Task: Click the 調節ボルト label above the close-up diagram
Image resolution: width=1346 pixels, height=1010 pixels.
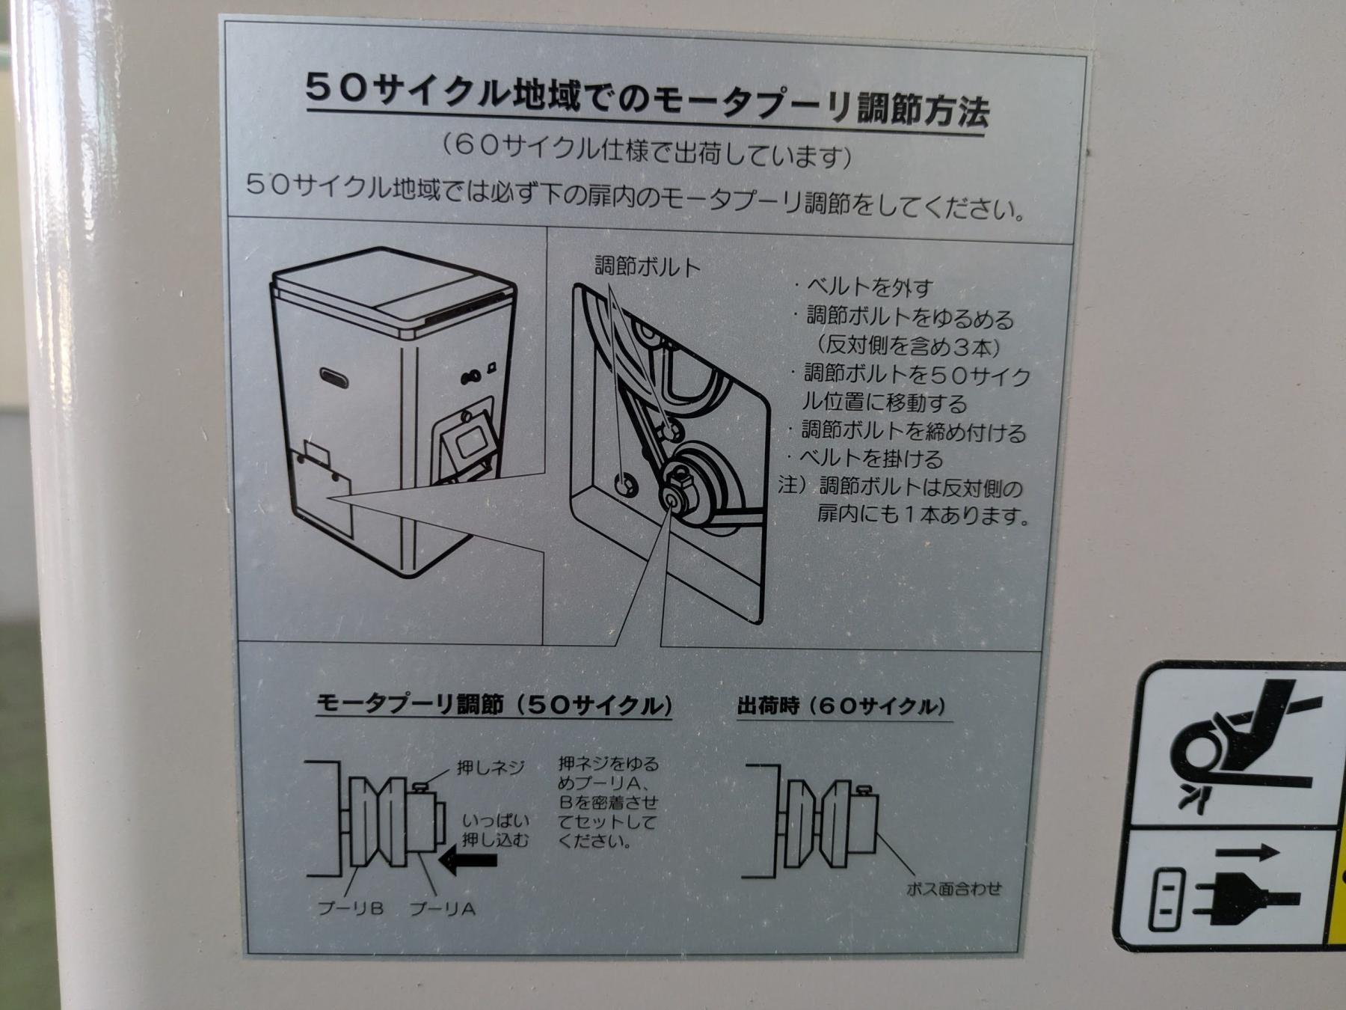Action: pos(648,267)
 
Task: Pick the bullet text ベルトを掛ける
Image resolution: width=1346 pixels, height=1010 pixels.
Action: pos(866,457)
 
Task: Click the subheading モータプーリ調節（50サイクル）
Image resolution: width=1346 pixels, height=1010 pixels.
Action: pos(494,704)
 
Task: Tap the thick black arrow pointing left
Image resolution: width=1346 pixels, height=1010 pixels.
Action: pos(468,860)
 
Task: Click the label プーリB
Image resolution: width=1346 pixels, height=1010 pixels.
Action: pos(351,908)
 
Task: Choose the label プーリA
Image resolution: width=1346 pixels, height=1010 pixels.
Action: pos(443,909)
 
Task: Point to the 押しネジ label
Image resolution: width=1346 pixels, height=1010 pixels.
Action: pos(491,768)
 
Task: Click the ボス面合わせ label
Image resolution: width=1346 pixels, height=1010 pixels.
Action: pos(953,889)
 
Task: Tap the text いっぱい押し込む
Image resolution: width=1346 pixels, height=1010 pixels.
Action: pos(495,830)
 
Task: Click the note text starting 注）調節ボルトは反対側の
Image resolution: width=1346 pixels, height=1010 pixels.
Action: pos(903,501)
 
